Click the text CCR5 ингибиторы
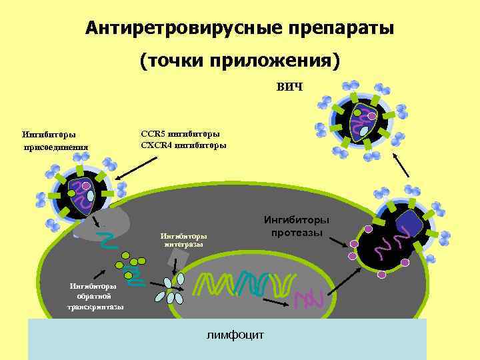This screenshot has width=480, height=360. click(x=180, y=133)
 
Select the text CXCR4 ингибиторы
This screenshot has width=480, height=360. click(x=183, y=145)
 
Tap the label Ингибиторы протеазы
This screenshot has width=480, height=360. click(x=297, y=225)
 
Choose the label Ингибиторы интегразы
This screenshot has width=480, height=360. click(x=183, y=239)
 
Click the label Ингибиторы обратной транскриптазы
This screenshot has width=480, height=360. click(x=95, y=296)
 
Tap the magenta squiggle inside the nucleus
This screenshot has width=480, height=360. click(x=308, y=298)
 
